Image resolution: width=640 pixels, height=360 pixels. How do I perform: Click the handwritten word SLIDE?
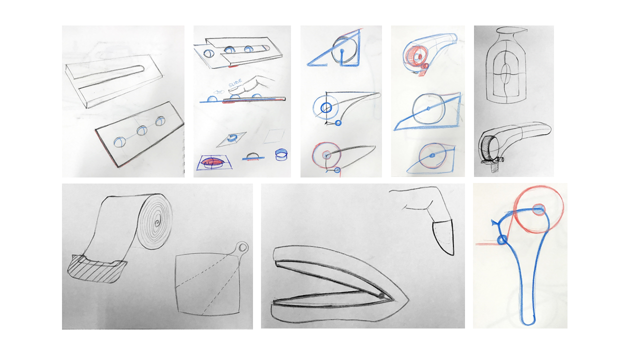point(235,83)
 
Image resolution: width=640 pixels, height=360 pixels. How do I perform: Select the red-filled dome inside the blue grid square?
point(212,162)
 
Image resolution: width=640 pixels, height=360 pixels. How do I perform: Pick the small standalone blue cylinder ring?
point(281,154)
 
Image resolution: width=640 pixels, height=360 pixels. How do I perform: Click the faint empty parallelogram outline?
point(274,136)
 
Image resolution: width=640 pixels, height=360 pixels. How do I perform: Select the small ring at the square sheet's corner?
point(243,247)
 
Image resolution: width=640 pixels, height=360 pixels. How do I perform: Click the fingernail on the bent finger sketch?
point(443,237)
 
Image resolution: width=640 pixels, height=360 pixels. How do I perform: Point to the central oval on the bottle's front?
point(505,71)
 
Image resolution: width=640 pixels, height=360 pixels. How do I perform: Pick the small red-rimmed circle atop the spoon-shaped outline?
point(539,209)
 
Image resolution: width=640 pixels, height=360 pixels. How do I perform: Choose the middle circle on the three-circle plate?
point(141,130)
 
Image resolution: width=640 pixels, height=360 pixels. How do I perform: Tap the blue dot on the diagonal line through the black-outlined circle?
point(428,108)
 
